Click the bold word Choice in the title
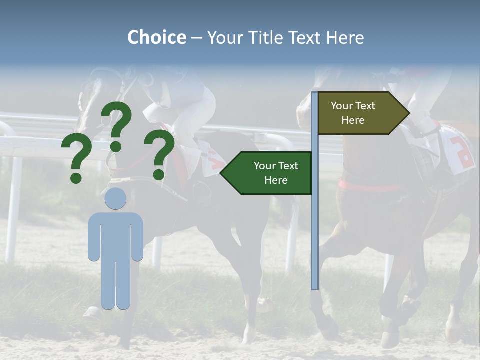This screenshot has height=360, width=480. point(156,37)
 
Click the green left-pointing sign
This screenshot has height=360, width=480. point(267,173)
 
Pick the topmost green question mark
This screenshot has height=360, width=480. point(117,125)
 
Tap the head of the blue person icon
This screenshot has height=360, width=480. point(115,198)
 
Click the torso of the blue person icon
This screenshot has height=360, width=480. point(115,235)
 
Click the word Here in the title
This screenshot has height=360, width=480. point(345,37)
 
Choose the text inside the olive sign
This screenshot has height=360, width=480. point(353,113)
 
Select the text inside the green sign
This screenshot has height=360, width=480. point(275,173)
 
